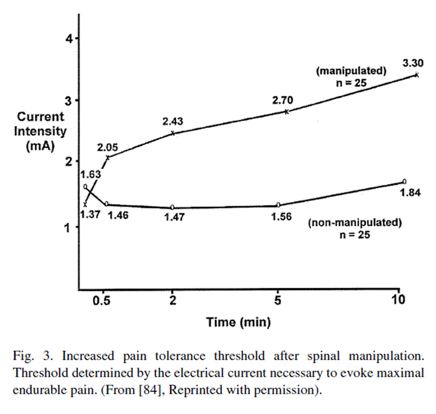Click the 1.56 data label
pyautogui.click(x=281, y=216)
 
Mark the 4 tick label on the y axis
pyautogui.click(x=69, y=39)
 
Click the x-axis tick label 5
pyautogui.click(x=278, y=301)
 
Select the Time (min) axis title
pyautogui.click(x=238, y=322)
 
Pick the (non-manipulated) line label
pyautogui.click(x=355, y=223)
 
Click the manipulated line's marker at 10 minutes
pyautogui.click(x=417, y=75)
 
